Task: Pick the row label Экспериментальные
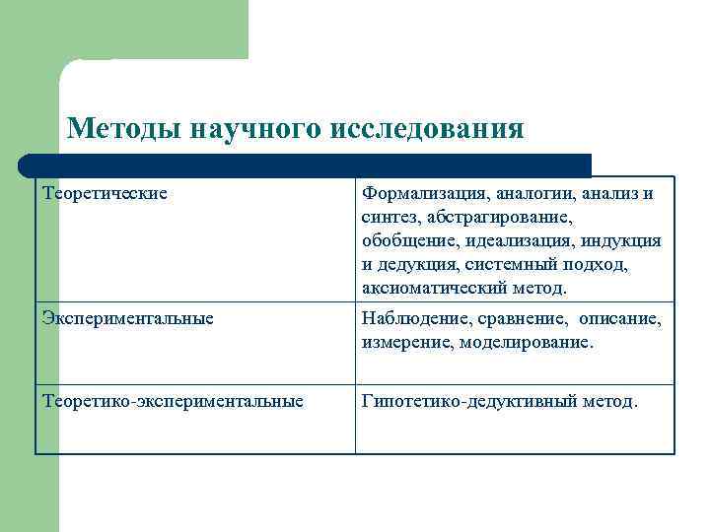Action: [x=128, y=318]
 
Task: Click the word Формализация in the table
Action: [x=415, y=193]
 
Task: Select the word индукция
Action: [x=625, y=240]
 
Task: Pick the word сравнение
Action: [x=518, y=319]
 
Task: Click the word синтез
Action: [x=388, y=217]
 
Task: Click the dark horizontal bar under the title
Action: [x=306, y=165]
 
